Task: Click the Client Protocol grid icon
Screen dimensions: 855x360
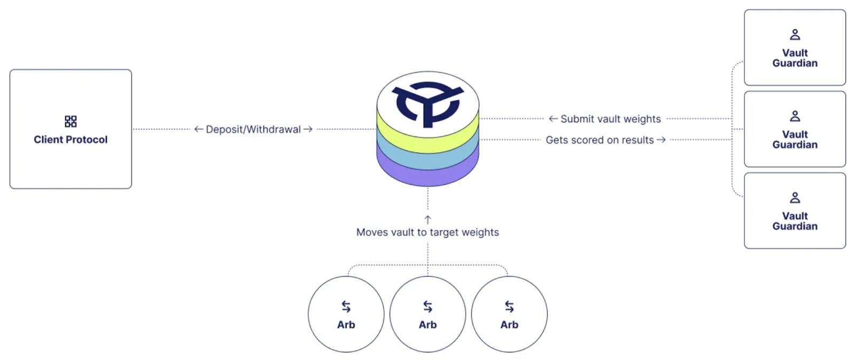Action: [71, 121]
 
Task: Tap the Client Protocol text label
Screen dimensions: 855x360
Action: [71, 139]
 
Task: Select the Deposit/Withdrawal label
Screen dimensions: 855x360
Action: [253, 130]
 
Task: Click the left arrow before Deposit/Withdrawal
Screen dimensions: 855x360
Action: [198, 129]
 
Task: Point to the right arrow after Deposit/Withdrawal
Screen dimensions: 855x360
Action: [308, 129]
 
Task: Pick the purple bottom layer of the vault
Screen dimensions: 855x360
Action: [428, 176]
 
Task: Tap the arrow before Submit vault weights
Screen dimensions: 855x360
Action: [553, 119]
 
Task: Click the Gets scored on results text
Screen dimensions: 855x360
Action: [600, 140]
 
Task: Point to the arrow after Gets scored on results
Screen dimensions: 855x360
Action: [661, 140]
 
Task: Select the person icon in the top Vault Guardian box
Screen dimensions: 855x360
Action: [795, 35]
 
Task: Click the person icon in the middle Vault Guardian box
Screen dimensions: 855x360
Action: [795, 116]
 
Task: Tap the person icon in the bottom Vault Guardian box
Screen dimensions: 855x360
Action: [795, 198]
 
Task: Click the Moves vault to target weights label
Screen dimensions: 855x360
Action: [428, 232]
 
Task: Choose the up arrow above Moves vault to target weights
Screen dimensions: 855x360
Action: [428, 220]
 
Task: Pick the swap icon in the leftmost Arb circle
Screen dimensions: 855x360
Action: [346, 307]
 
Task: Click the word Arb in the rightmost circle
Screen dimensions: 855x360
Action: [509, 325]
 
